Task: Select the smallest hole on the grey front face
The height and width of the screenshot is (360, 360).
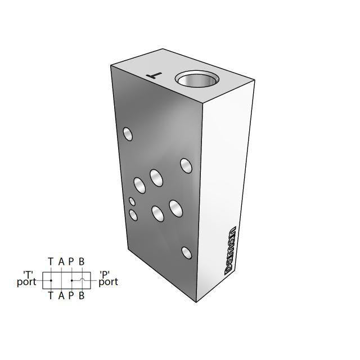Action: (x=132, y=201)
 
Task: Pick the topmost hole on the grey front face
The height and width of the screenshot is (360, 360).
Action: (x=128, y=134)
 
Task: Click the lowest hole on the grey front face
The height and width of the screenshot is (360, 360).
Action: (x=186, y=252)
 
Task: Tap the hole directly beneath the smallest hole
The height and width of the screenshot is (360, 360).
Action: (x=133, y=214)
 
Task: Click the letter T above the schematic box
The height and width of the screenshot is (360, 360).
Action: (x=51, y=262)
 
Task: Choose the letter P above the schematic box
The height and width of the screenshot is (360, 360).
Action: (x=71, y=262)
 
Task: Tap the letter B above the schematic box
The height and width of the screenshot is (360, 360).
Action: (x=82, y=262)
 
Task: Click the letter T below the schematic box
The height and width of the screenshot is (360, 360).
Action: (x=51, y=295)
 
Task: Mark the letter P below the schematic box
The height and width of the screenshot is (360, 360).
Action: (x=71, y=295)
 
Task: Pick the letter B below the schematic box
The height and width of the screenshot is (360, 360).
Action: (x=82, y=295)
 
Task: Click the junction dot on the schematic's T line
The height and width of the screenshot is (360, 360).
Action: (x=51, y=280)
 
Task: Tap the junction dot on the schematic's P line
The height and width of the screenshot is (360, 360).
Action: (x=71, y=280)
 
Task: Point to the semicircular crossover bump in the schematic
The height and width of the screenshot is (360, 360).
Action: (x=82, y=278)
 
